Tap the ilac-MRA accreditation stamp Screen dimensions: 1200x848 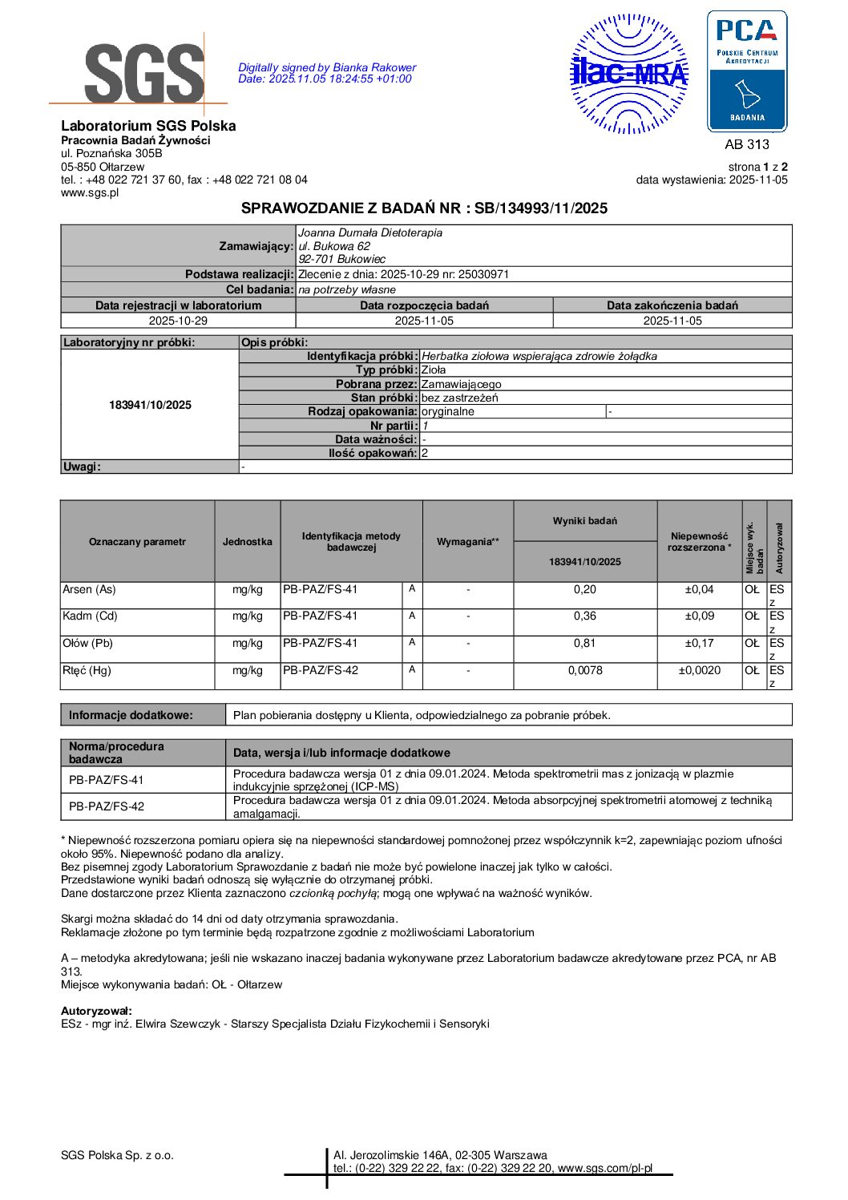(629, 74)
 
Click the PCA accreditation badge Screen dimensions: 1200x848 (746, 71)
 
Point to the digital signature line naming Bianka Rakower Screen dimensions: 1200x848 (327, 68)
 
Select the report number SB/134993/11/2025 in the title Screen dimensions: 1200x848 (541, 208)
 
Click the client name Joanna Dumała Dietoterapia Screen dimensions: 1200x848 (369, 233)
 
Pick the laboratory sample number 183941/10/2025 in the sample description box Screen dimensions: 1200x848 (150, 405)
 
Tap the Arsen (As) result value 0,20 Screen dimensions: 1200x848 (585, 590)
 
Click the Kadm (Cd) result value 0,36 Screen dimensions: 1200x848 (585, 616)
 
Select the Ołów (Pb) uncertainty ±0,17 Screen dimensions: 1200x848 (699, 644)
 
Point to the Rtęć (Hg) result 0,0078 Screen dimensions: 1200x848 (585, 671)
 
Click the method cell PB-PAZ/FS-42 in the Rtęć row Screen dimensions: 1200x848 (321, 671)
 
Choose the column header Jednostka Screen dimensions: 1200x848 (247, 542)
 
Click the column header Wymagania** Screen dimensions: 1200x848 (467, 542)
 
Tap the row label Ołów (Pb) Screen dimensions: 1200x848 (87, 644)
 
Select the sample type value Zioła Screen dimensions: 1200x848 (434, 370)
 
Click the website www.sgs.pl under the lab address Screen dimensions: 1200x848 (90, 192)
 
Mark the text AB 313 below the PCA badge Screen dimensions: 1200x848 (746, 144)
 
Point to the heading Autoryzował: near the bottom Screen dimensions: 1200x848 (96, 1011)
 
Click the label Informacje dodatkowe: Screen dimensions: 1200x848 (131, 715)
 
